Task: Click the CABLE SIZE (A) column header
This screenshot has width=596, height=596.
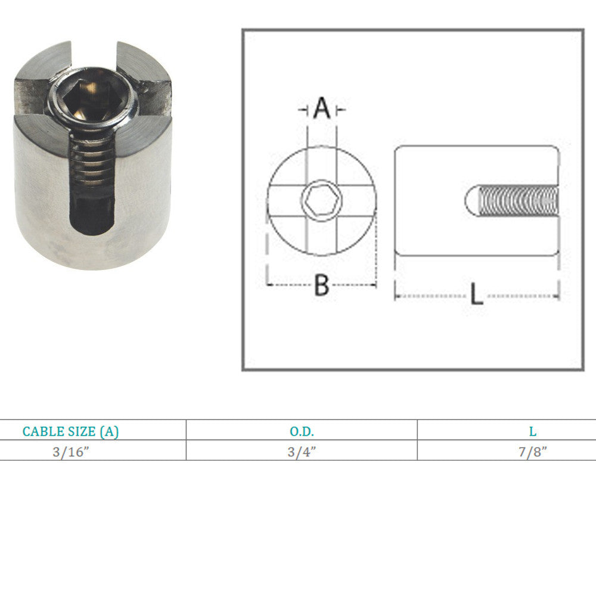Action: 70,432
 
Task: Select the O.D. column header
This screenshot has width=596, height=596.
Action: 302,432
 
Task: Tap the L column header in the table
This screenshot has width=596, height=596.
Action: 532,432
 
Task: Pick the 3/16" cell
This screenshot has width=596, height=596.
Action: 71,452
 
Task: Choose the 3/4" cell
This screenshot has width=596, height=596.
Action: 302,452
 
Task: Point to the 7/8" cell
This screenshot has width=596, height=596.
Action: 532,452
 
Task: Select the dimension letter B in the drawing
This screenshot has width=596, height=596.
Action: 322,285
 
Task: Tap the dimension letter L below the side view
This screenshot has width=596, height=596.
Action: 477,293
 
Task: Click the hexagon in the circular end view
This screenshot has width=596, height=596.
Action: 322,200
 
